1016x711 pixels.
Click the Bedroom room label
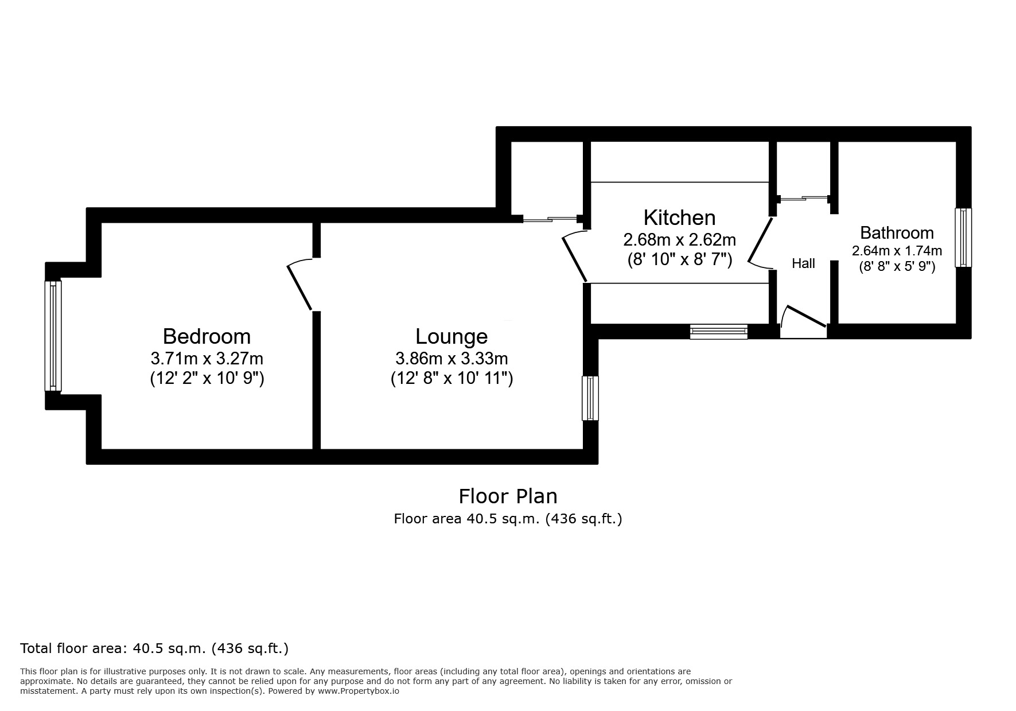pos(207,336)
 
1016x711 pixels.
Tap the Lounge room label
pos(451,336)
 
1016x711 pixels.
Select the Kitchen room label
pos(679,218)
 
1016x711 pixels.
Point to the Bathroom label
pos(897,233)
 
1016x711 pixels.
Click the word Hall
pos(803,263)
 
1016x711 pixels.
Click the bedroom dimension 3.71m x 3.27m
pos(207,359)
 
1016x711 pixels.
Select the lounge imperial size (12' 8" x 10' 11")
pos(451,379)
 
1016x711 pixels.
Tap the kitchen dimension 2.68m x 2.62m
pos(679,239)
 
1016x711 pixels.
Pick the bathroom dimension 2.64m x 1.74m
pos(897,251)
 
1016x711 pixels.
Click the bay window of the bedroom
pos(53,336)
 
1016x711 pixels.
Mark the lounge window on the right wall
pos(590,398)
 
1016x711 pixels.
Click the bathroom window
pos(963,238)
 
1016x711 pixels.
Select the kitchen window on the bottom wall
pos(719,331)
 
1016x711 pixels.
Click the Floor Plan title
pos(508,496)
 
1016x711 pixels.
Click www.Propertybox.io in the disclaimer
pos(358,691)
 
